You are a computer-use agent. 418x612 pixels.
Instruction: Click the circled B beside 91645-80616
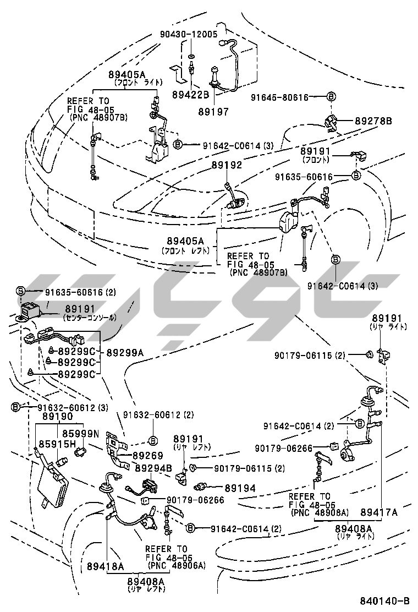[x=331, y=97]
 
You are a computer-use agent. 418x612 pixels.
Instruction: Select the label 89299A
[x=124, y=351]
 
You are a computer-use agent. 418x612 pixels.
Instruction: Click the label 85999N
[x=80, y=433]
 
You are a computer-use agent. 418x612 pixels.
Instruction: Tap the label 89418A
[x=105, y=566]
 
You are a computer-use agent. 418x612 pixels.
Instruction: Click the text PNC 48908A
[x=320, y=512]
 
